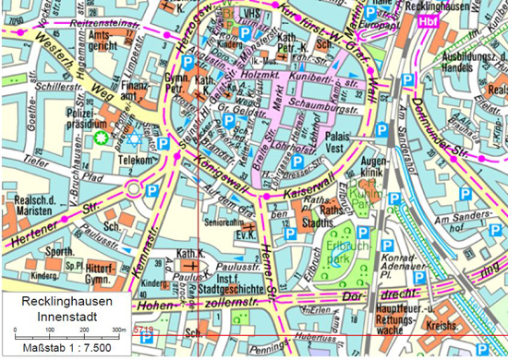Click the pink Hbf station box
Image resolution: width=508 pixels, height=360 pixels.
[x=428, y=19]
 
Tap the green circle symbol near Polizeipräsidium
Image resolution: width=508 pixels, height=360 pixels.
[x=103, y=138]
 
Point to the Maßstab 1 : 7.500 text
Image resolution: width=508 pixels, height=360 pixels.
[x=57, y=348]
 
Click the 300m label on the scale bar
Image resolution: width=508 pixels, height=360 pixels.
[x=118, y=329]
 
